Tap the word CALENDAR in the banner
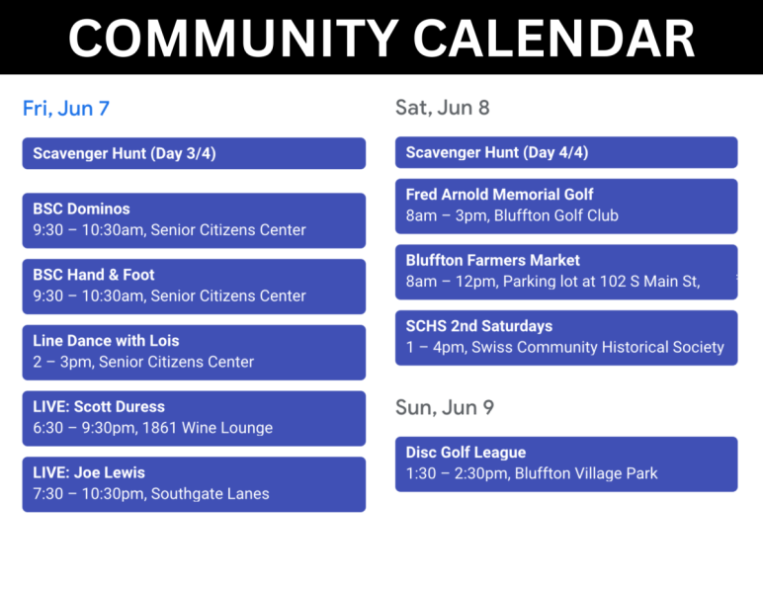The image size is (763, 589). pyautogui.click(x=554, y=39)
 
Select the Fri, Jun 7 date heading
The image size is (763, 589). pyautogui.click(x=66, y=109)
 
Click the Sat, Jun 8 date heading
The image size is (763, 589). pyautogui.click(x=443, y=108)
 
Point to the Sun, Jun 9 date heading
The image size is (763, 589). pyautogui.click(x=445, y=407)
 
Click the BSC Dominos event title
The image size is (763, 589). pyautogui.click(x=81, y=209)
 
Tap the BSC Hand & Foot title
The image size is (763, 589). pyautogui.click(x=94, y=275)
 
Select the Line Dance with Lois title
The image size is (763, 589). pyautogui.click(x=106, y=341)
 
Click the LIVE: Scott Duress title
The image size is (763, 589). pyautogui.click(x=99, y=406)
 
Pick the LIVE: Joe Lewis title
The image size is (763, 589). pyautogui.click(x=89, y=472)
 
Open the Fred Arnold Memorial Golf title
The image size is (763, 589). pyautogui.click(x=499, y=195)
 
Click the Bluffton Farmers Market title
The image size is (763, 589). pyautogui.click(x=492, y=260)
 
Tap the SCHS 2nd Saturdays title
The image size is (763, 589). pyautogui.click(x=478, y=326)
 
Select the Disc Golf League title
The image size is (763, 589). pyautogui.click(x=466, y=453)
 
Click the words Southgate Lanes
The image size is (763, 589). pyautogui.click(x=210, y=494)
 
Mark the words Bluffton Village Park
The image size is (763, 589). pyautogui.click(x=586, y=473)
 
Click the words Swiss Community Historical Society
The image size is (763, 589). pyautogui.click(x=598, y=347)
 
